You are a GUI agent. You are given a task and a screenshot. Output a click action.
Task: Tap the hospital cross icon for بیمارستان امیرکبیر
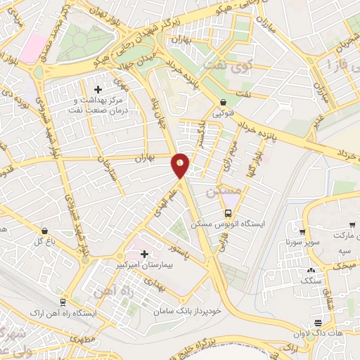(x=145, y=254)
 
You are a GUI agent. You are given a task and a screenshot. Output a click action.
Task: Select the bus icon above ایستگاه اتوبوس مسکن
(x=228, y=214)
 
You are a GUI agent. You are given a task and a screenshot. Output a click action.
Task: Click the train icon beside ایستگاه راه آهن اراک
(x=63, y=301)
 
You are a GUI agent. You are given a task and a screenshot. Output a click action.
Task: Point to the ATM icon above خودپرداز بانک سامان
(x=210, y=300)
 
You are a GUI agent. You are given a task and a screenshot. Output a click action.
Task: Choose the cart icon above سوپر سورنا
(x=302, y=232)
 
